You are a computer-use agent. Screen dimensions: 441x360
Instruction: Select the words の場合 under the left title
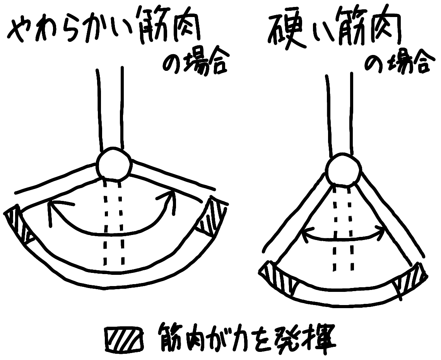pos(194,63)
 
